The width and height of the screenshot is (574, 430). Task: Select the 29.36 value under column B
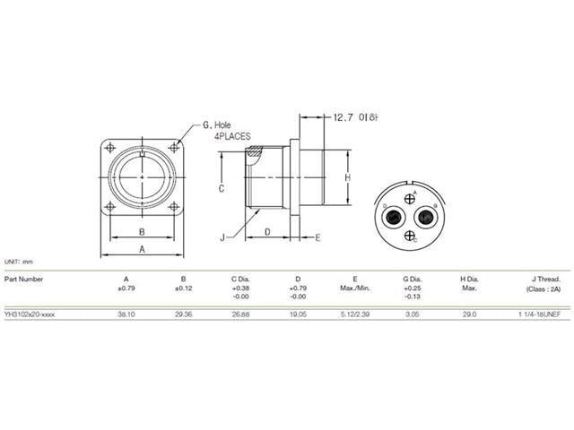(x=183, y=314)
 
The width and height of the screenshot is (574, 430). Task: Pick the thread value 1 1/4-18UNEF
(x=538, y=314)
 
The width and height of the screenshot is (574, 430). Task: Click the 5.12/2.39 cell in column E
(x=355, y=314)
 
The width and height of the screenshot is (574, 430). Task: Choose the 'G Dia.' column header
(x=413, y=279)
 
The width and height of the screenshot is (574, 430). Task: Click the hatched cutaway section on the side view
(x=257, y=156)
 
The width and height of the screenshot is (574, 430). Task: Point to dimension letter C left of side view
(x=221, y=188)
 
